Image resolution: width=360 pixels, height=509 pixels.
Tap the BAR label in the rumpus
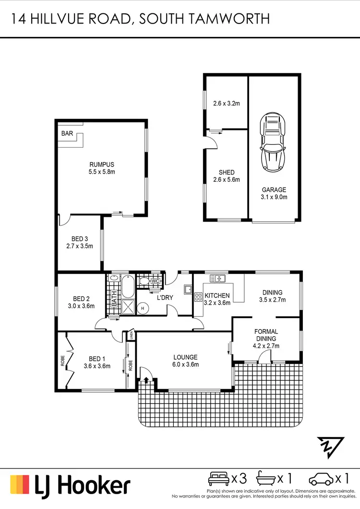pyautogui.click(x=67, y=134)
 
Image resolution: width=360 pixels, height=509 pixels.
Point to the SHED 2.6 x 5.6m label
pyautogui.click(x=227, y=176)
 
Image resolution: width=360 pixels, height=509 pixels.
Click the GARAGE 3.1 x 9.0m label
pyautogui.click(x=274, y=193)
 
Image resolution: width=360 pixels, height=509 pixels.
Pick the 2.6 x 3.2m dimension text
pyautogui.click(x=226, y=102)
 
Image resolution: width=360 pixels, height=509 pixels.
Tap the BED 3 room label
pyautogui.click(x=80, y=242)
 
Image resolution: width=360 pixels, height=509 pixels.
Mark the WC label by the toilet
pyautogui.click(x=155, y=281)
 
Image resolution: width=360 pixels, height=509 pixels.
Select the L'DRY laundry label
pyautogui.click(x=165, y=298)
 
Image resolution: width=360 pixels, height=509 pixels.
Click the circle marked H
pyautogui.click(x=143, y=309)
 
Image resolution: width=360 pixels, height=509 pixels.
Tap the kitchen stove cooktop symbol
pyautogui.click(x=198, y=297)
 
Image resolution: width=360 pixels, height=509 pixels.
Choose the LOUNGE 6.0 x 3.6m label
pyautogui.click(x=186, y=361)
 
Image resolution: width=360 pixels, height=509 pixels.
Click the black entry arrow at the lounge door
pyautogui.click(x=146, y=380)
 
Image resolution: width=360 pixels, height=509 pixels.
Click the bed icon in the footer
pyautogui.click(x=218, y=479)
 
